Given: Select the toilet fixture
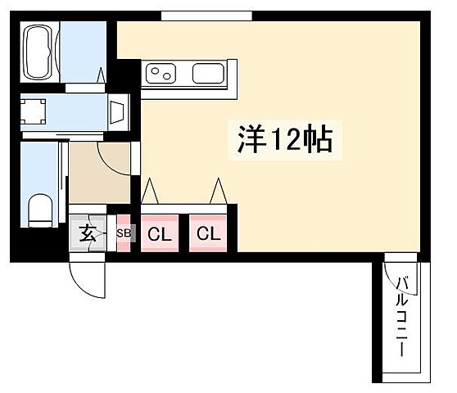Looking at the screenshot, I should tap(39, 210).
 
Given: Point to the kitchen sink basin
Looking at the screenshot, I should tap(209, 75).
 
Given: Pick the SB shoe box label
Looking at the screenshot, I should tap(124, 234).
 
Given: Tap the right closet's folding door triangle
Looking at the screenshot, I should tap(218, 192).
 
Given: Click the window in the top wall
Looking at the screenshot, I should tap(195, 16).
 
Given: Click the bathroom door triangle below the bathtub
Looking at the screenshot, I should tap(102, 76).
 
